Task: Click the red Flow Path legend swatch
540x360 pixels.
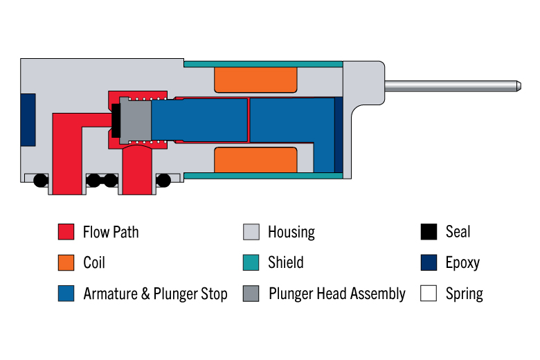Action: tap(66, 231)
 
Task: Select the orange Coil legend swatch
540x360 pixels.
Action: tap(66, 262)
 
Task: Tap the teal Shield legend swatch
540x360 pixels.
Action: tap(251, 262)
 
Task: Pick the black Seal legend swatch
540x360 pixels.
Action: tap(429, 231)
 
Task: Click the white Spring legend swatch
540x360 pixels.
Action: tap(429, 293)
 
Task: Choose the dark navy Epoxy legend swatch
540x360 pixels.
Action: tap(429, 262)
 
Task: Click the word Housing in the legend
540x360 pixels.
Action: tap(291, 232)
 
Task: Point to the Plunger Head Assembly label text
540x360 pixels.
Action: tap(337, 294)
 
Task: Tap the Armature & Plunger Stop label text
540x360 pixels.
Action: tap(155, 294)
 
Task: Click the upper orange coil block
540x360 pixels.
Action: tap(255, 80)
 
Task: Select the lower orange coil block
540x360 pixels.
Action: tap(255, 160)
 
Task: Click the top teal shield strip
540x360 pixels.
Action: tap(264, 64)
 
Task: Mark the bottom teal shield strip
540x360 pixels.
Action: tap(264, 176)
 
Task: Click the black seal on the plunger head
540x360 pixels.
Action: tap(116, 120)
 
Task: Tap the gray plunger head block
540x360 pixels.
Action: tap(135, 120)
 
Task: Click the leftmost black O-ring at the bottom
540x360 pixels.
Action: tap(41, 181)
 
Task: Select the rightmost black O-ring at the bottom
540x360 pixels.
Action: tap(163, 181)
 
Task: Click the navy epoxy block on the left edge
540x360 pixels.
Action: tap(28, 120)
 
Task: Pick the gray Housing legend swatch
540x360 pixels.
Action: tap(251, 231)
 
